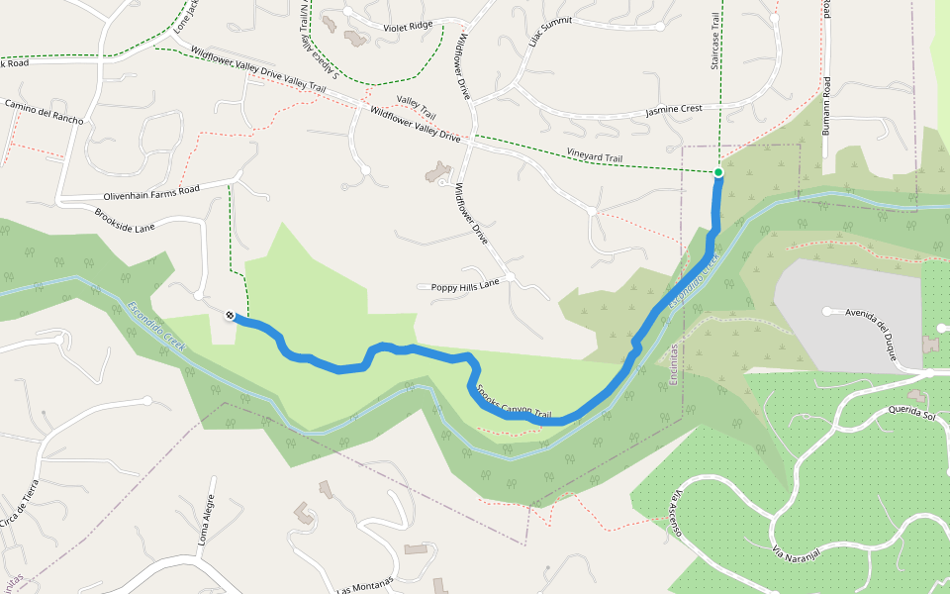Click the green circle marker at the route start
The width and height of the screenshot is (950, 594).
718,172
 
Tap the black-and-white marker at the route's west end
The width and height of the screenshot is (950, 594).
230,316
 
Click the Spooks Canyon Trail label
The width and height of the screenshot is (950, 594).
515,400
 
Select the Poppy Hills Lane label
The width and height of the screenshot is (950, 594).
465,286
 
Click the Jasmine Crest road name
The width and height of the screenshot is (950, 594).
673,109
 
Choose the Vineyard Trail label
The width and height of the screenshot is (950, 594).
595,156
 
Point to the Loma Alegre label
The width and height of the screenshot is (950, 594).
207,522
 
